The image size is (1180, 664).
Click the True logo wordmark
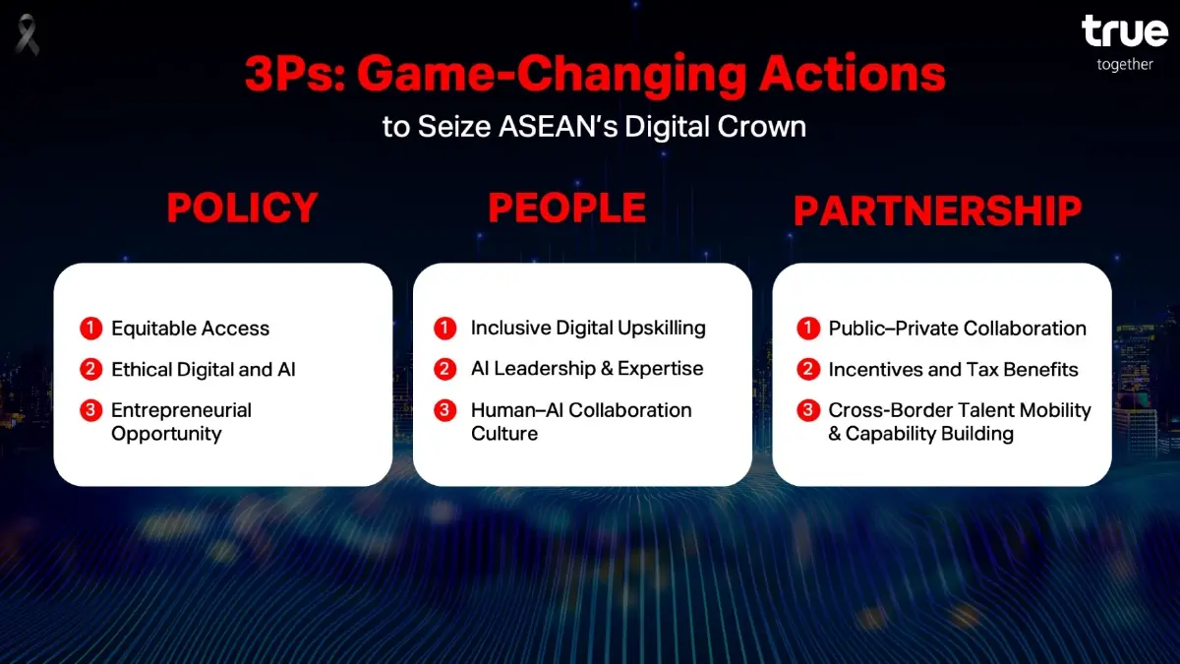[x=1124, y=32]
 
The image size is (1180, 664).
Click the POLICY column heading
[x=242, y=209]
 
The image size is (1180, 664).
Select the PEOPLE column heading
[x=566, y=209]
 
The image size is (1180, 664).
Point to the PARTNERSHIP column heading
[x=937, y=211]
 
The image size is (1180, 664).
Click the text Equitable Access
[x=190, y=329]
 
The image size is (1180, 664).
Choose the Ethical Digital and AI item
[x=203, y=370]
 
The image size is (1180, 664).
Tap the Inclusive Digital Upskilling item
[x=588, y=329]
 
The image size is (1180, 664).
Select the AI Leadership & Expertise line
[x=587, y=369]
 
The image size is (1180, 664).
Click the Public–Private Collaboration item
[x=957, y=329]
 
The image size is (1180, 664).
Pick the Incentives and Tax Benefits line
[x=953, y=370]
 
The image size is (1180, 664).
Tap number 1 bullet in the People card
[x=445, y=329]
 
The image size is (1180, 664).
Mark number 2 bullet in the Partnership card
[x=807, y=370]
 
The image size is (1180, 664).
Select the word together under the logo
[x=1125, y=65]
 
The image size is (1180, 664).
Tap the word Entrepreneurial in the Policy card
[x=181, y=410]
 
